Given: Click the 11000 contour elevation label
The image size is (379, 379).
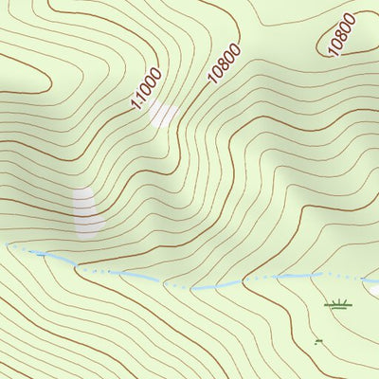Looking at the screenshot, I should click(148, 88).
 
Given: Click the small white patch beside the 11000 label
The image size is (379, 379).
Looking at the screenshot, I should click(164, 115).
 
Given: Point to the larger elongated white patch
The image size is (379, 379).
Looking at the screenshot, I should click(86, 210).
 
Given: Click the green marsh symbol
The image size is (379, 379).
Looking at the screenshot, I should click(338, 304).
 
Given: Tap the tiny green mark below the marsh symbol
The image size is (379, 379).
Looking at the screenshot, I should click(318, 341).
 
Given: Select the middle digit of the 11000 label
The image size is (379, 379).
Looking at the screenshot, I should click(148, 88).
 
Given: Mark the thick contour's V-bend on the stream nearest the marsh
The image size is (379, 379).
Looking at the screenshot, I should click(244, 281).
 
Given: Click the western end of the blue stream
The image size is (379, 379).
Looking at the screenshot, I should click(8, 245).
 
